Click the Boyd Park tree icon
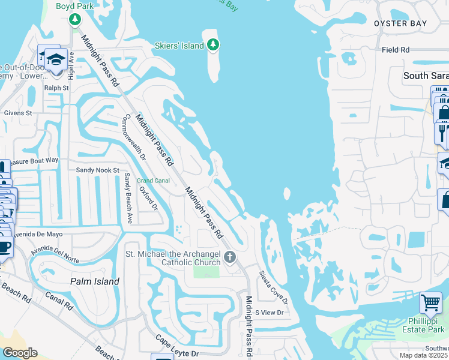[x=75, y=20]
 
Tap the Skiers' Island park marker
[x=212, y=44]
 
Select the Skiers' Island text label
[x=180, y=44]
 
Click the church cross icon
[x=229, y=258]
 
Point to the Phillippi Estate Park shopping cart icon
[x=430, y=304]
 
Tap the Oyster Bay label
[x=400, y=23]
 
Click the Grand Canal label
[x=154, y=181]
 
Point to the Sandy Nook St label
[x=98, y=170]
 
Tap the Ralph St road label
[x=57, y=88]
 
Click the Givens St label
[x=18, y=112]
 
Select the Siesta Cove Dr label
[x=274, y=287]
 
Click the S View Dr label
[x=269, y=313]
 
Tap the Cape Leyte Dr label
[x=177, y=346]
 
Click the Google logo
[x=19, y=353]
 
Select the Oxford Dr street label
[x=148, y=199]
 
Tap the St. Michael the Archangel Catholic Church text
[x=173, y=258]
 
